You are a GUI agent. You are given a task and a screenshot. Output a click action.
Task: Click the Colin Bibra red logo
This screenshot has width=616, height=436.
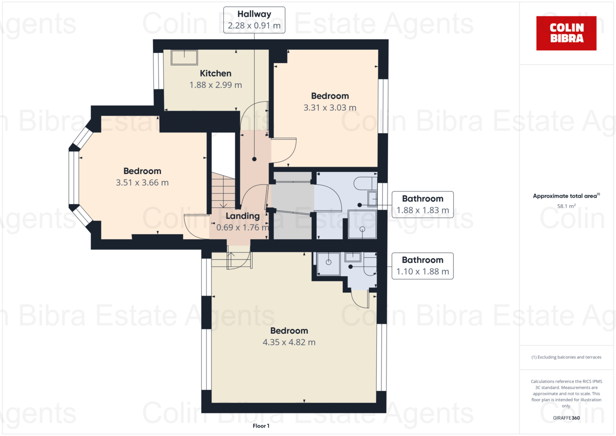point(566,33)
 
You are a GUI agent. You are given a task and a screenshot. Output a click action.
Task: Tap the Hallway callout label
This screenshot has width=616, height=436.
point(254,20)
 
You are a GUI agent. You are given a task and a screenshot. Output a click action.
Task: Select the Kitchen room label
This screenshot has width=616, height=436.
point(216,73)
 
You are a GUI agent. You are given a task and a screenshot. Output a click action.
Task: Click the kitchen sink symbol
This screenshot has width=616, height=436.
point(184,58)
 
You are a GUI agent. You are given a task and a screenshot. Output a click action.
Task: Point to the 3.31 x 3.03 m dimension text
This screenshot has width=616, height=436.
point(330,107)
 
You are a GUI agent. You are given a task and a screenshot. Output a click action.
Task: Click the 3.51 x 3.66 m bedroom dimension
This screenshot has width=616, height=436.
point(142,182)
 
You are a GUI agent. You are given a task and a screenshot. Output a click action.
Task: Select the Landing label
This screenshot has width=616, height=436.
point(243,216)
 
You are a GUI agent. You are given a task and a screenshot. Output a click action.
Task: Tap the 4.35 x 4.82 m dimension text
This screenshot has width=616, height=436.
point(290,342)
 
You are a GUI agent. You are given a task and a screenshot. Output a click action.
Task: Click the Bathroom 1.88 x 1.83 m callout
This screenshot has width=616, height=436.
point(422,204)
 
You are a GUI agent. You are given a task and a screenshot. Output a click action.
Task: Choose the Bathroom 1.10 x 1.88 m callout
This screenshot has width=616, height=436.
point(422,266)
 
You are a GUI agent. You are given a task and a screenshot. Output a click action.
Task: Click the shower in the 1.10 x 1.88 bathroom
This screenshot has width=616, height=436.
point(329,263)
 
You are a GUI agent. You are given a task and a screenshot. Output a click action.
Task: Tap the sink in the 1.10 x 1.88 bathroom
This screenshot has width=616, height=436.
point(353,257)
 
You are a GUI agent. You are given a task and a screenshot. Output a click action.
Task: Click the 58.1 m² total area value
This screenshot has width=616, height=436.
point(566,206)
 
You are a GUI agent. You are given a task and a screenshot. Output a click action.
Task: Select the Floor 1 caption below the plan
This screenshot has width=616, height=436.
point(261,426)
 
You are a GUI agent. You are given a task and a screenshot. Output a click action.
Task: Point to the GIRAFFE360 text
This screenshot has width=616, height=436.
point(566,418)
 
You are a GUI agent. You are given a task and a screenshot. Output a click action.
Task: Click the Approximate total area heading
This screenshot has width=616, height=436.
point(566,196)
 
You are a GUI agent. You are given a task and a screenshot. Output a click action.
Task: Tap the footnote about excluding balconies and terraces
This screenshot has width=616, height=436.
point(566,357)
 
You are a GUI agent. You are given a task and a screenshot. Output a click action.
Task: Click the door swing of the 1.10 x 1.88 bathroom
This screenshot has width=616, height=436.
point(360,299)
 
